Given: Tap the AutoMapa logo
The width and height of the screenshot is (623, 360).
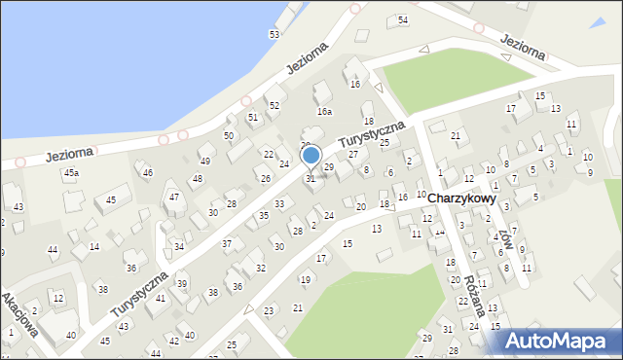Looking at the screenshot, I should point(560,341).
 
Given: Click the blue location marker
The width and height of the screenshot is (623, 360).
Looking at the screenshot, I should point(311,156).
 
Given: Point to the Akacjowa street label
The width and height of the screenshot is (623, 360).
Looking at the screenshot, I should point(20,314).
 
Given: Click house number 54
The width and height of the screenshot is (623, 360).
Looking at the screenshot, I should point(403,20).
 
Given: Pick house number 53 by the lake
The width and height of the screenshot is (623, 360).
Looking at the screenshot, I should point(275,35).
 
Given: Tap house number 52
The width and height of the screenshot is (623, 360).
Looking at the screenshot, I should point(275,105).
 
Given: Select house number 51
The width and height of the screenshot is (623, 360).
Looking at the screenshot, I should point(253,117).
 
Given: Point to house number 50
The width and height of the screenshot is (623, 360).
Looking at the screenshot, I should point(229,136).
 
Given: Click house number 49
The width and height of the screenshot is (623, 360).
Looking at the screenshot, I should point(204,161).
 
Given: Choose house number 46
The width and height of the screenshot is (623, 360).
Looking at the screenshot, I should point(148,172).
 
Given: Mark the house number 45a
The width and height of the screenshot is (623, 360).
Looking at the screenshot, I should point(71,173).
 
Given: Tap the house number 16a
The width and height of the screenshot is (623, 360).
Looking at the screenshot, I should point(324,112).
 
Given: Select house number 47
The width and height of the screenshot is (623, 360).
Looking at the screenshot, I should point(174,198).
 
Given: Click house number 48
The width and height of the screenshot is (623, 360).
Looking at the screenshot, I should point(197,179).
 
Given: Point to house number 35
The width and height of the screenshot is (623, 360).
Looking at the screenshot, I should point(263,215).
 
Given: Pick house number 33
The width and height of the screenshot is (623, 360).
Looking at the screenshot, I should point(279,203).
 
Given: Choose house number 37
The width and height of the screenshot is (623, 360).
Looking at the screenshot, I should point(227,243).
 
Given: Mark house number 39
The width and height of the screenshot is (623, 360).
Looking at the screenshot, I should point(182,284).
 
